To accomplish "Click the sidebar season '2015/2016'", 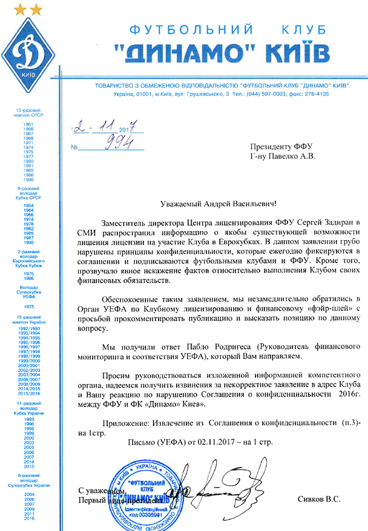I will [28, 393].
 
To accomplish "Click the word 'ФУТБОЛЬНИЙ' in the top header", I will [182, 29].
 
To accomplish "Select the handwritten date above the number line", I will [107, 128].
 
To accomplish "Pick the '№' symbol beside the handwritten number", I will [75, 147].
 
